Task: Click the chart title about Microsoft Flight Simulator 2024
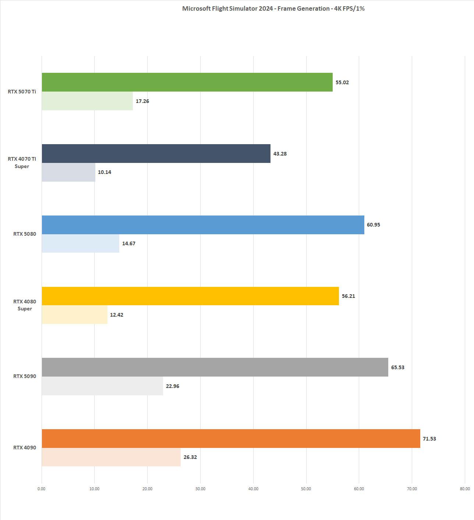click(273, 8)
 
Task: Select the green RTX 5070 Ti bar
click(187, 82)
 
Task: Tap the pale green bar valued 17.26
click(87, 101)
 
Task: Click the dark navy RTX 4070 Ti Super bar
click(156, 153)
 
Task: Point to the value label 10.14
click(105, 172)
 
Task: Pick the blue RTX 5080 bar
click(203, 225)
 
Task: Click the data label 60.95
click(374, 225)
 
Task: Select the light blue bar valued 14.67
click(80, 243)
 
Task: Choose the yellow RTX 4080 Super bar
click(190, 296)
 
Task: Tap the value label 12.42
click(117, 315)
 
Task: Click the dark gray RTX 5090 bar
click(215, 367)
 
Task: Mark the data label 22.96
click(173, 386)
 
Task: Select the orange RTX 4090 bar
click(231, 438)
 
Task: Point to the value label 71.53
click(429, 439)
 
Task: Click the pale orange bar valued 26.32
click(111, 457)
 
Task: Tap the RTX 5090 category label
click(25, 376)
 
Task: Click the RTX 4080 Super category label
click(25, 305)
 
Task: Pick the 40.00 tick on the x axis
click(253, 489)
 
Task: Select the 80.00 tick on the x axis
click(465, 489)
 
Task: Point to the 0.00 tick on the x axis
click(42, 489)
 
